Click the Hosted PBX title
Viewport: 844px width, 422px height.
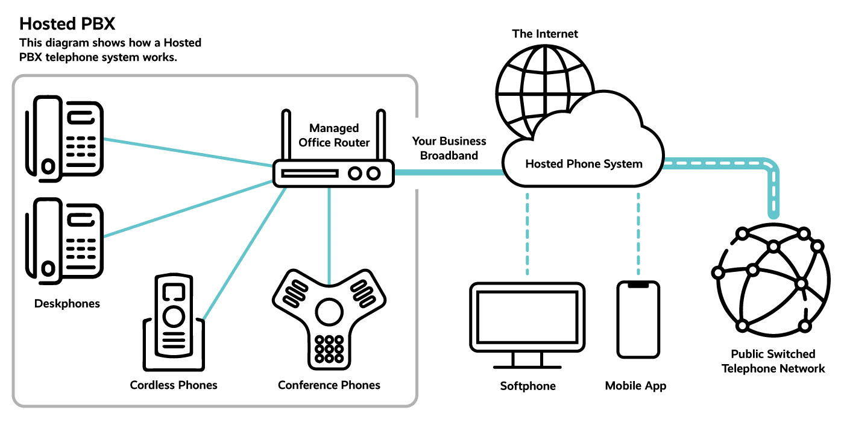68,24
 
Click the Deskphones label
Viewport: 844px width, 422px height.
67,303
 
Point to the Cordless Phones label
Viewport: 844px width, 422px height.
174,385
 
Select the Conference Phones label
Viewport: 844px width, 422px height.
329,385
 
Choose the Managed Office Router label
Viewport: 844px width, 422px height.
334,135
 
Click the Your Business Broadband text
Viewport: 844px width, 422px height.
449,148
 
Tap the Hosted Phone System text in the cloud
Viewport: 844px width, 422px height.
584,163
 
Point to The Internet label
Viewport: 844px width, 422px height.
545,34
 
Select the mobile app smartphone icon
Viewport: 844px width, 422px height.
638,320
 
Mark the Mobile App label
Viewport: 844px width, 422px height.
636,385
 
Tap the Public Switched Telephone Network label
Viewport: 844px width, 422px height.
773,361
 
